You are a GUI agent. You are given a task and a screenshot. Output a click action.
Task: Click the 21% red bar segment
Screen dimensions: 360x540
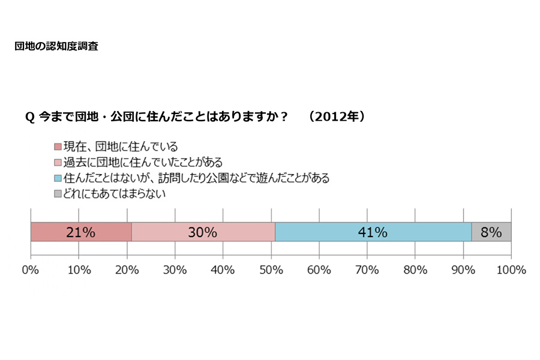click(x=81, y=232)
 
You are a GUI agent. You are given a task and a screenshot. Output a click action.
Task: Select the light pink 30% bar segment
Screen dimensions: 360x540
click(x=203, y=232)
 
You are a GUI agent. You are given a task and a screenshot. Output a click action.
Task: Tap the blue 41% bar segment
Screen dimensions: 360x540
click(x=373, y=232)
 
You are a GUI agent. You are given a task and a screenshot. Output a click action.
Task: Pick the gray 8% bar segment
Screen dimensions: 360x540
click(x=491, y=232)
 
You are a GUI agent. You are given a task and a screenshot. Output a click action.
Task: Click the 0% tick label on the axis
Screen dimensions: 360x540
click(x=30, y=270)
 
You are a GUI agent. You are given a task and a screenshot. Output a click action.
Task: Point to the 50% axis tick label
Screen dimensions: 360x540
click(x=271, y=270)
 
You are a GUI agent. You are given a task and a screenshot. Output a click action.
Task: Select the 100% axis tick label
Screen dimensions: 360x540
click(x=511, y=270)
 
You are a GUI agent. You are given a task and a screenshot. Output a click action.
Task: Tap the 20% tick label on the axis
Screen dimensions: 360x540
click(x=127, y=270)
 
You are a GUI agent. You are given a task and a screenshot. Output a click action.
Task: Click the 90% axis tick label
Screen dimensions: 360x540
click(x=463, y=270)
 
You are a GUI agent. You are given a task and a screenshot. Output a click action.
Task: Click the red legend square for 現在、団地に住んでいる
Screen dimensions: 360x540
click(x=58, y=147)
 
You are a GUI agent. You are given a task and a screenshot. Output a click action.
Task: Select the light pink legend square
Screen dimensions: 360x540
click(x=58, y=163)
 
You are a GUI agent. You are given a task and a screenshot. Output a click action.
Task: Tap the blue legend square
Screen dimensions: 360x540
click(x=58, y=178)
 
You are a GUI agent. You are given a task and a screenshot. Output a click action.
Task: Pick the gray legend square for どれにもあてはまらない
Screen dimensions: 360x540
click(x=58, y=194)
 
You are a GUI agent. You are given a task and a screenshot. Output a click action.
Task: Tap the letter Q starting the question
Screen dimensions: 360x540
click(x=29, y=118)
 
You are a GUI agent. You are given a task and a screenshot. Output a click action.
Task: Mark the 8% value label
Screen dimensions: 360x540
click(x=491, y=232)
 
